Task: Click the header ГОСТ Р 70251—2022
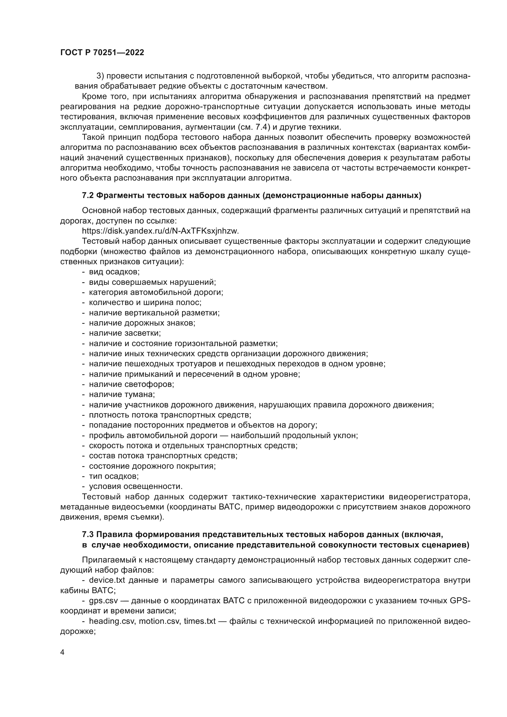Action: click(x=102, y=52)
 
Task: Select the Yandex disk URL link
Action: click(x=160, y=231)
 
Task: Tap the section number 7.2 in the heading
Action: click(x=88, y=196)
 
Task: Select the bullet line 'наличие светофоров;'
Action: click(x=132, y=384)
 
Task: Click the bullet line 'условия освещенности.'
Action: click(x=136, y=486)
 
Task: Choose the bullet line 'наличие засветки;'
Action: click(x=125, y=333)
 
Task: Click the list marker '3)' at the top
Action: click(x=100, y=76)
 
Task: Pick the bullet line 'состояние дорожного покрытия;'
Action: click(x=152, y=466)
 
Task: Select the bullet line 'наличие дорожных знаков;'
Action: click(x=142, y=322)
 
